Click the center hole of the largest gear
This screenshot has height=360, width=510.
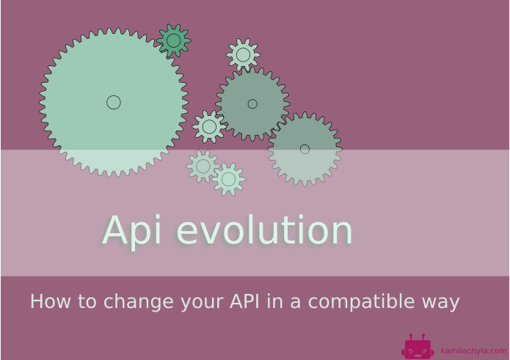click(114, 102)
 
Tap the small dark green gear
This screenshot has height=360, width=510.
click(174, 40)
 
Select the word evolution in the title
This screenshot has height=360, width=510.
click(264, 231)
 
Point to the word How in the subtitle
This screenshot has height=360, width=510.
click(48, 302)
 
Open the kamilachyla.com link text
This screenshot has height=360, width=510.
click(473, 350)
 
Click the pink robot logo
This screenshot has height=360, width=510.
click(418, 347)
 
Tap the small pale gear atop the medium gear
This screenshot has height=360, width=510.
click(243, 55)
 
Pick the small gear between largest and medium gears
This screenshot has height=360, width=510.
click(209, 127)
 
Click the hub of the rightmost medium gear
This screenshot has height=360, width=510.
click(305, 149)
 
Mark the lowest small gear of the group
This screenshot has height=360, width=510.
click(228, 179)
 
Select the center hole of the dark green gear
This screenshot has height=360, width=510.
click(174, 40)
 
